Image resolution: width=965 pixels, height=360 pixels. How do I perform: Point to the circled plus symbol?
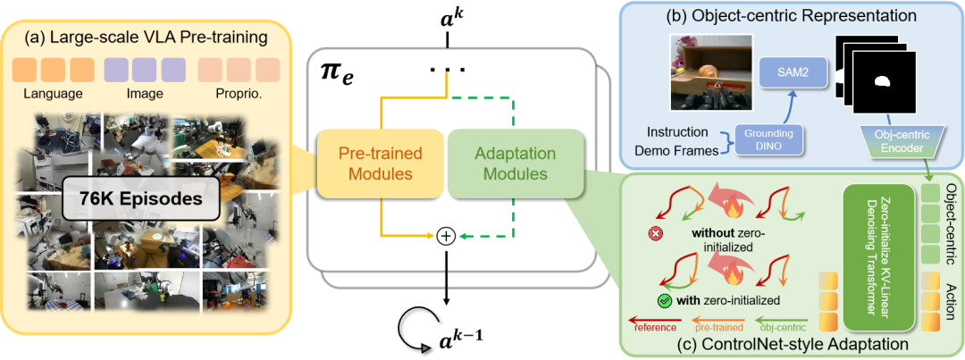click(445, 236)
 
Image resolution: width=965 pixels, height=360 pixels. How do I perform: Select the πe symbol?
click(338, 71)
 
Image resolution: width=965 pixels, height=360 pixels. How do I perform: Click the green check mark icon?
click(663, 300)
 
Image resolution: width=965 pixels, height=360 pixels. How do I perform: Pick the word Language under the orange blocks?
click(54, 94)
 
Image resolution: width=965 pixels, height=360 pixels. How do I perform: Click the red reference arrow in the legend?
click(652, 318)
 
